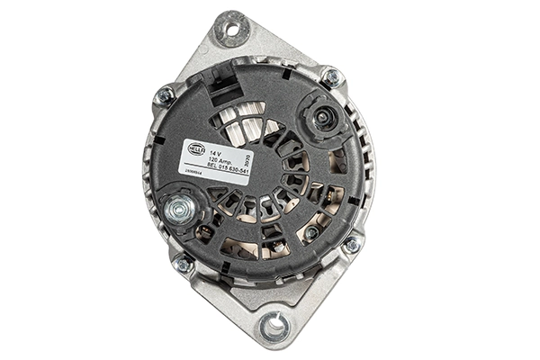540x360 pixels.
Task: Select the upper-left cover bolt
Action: coord(166,95)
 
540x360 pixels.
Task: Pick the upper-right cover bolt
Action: coord(330,78)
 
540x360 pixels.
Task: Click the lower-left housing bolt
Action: coord(184,265)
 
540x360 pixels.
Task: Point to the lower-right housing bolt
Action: coord(350,245)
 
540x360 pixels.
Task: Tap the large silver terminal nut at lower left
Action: coord(177,210)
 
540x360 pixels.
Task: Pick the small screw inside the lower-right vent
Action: coord(310,233)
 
